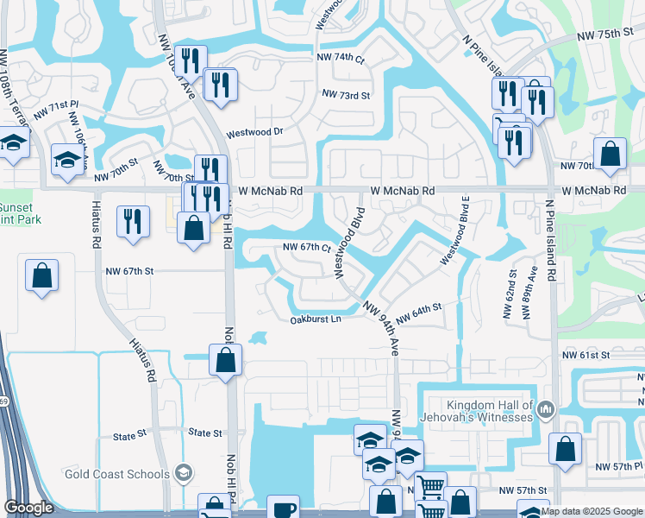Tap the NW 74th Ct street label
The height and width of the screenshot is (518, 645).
341,58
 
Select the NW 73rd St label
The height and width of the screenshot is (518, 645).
345,94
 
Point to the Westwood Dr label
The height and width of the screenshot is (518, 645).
254,134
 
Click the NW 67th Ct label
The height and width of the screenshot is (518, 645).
308,248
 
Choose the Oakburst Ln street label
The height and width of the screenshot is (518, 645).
316,319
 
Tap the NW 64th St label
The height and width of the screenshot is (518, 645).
421,307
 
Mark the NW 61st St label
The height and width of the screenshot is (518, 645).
586,355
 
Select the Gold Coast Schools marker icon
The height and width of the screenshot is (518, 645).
183,472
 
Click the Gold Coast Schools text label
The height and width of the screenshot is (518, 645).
116,474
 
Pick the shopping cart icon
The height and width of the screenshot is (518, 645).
430,486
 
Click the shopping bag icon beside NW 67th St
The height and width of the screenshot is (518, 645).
41,275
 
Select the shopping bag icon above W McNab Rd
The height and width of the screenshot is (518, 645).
610,155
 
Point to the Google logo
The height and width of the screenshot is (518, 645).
28,508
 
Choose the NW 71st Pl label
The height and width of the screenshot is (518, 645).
56,110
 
